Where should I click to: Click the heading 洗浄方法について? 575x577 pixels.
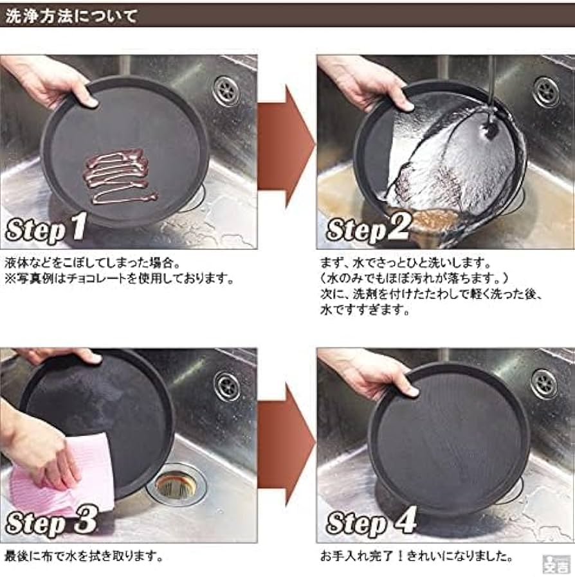click(x=71, y=15)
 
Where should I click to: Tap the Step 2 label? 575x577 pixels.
click(x=367, y=229)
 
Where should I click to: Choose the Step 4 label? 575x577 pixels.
click(x=370, y=522)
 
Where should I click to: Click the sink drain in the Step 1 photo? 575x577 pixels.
click(x=226, y=91)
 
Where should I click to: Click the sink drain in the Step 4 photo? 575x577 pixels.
click(x=543, y=384)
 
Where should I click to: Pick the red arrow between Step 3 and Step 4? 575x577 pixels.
click(x=286, y=443)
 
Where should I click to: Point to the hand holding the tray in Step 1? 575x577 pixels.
click(x=48, y=80)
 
